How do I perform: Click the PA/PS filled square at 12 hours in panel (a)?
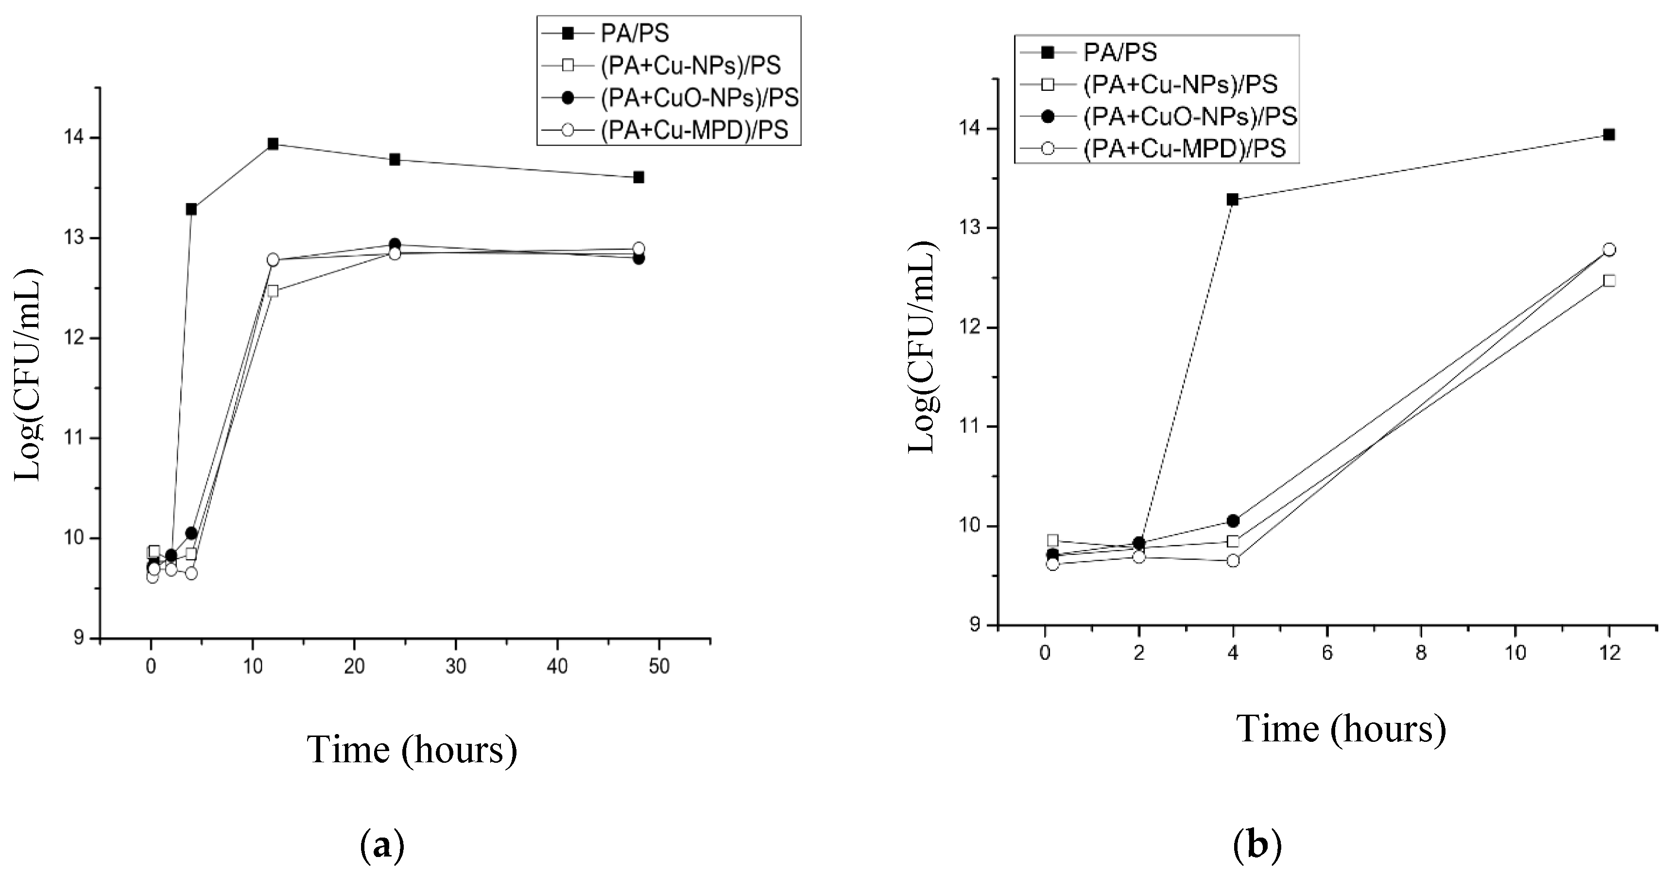click(x=273, y=144)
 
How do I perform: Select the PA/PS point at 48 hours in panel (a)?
click(x=638, y=177)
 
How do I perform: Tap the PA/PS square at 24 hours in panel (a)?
click(x=395, y=159)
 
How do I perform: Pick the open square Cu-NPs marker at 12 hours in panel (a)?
click(x=273, y=291)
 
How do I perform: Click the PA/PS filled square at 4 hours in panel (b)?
click(x=1232, y=200)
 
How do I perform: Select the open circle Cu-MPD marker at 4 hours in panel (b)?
click(x=1232, y=561)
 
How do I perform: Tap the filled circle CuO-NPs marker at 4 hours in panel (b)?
click(x=1232, y=521)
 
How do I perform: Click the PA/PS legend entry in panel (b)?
click(x=1120, y=52)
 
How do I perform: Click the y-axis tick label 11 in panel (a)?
click(x=78, y=439)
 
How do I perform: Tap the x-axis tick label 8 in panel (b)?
click(x=1421, y=653)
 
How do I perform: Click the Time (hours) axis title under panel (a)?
click(x=412, y=750)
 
